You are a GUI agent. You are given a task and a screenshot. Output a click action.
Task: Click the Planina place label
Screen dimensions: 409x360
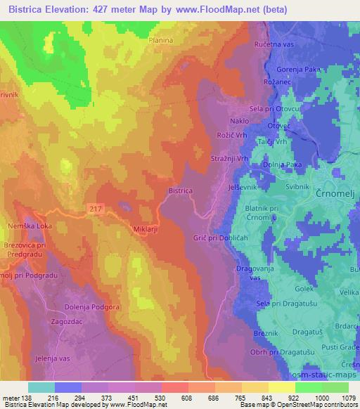point(162,41)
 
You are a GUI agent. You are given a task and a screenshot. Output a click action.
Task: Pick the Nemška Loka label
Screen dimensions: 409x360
point(26,228)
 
